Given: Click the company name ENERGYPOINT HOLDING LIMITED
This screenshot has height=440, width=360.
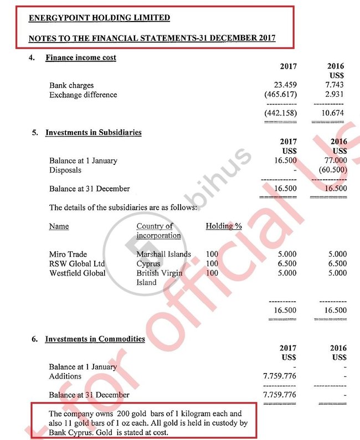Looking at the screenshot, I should coord(99,18).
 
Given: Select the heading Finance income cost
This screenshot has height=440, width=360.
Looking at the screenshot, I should coord(81,58).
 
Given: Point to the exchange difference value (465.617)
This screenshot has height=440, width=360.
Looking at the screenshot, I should coord(282,95).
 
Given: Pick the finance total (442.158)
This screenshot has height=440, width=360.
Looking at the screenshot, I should coord(282,113).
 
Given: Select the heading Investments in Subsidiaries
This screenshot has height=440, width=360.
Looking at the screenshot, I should coord(93,133).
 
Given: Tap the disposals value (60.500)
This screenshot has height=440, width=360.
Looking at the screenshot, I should coord(334,170).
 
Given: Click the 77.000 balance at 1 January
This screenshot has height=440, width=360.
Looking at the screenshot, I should coord(336,161).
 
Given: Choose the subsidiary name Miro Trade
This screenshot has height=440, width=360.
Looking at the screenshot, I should coord(68,255).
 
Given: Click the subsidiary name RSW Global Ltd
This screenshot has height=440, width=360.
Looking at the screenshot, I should coord(77,263).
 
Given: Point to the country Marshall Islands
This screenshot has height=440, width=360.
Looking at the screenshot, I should coord(163,255).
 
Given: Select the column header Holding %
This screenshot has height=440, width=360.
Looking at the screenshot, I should coord(224,226).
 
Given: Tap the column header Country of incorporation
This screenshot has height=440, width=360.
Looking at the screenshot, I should coord(158,231).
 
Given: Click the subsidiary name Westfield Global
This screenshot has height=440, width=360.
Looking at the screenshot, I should coord(78,273).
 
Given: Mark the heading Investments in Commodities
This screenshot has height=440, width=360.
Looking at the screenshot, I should coord(95,339).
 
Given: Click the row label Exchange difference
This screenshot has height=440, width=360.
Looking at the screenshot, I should coord(83,95).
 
